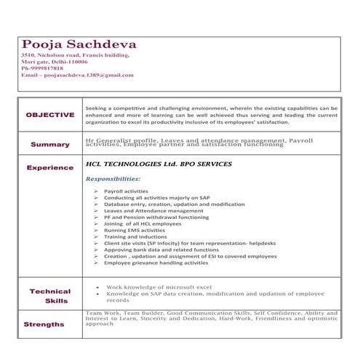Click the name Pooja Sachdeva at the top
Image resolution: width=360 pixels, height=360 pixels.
tap(79, 44)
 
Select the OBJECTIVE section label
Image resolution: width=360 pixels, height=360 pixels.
tap(49, 115)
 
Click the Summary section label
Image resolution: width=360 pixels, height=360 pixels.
tap(49, 144)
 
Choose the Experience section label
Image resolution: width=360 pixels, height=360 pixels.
tap(49, 168)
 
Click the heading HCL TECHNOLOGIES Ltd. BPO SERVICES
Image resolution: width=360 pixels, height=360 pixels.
tap(158, 164)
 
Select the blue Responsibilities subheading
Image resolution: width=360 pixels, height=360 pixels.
tap(113, 178)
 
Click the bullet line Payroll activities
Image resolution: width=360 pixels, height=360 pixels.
tap(126, 191)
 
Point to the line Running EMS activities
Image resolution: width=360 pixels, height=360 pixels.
tap(135, 230)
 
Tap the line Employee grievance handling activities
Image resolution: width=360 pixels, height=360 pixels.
tap(156, 263)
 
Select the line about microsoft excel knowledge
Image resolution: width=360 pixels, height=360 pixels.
tap(158, 287)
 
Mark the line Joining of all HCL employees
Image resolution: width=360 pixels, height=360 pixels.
tap(143, 223)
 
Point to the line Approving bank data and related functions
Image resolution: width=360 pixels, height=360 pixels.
tap(161, 249)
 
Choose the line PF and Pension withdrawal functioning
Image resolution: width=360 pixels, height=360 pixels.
tap(156, 217)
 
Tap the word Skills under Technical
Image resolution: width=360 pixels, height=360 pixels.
tap(56, 300)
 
